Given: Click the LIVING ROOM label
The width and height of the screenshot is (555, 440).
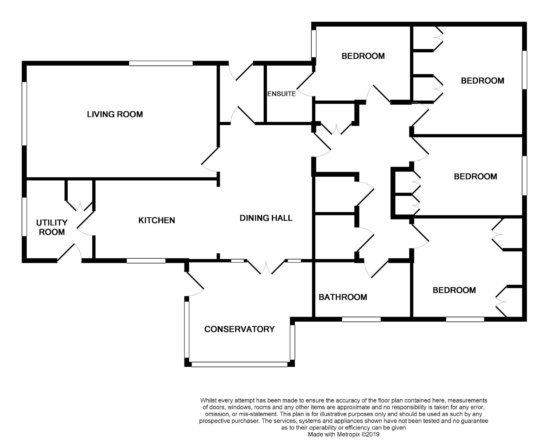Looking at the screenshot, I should point(115,114).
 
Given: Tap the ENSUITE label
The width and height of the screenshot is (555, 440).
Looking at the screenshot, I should point(281,94).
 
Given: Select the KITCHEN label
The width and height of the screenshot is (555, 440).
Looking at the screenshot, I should point(156,220).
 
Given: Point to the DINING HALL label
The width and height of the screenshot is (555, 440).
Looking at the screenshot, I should point(266,218).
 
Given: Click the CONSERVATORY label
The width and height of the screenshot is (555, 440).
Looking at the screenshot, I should point(239,329).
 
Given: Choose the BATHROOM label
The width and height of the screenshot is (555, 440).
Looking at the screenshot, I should point(343,297).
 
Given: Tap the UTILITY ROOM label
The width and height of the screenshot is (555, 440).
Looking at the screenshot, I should point(52,227).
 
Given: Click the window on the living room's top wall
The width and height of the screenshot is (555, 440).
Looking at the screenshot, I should point(161,63).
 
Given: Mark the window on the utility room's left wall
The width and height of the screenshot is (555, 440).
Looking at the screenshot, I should point(24,216).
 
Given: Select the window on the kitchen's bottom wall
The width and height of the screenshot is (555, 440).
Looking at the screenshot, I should point(146,261).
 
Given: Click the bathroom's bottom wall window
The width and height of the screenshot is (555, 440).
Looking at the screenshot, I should point(361,319).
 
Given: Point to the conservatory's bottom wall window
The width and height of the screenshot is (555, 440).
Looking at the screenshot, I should point(239,364).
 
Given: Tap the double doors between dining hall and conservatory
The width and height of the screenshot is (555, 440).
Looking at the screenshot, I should point(266,267).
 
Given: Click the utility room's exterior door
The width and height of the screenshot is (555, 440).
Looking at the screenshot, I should point(69,252).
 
